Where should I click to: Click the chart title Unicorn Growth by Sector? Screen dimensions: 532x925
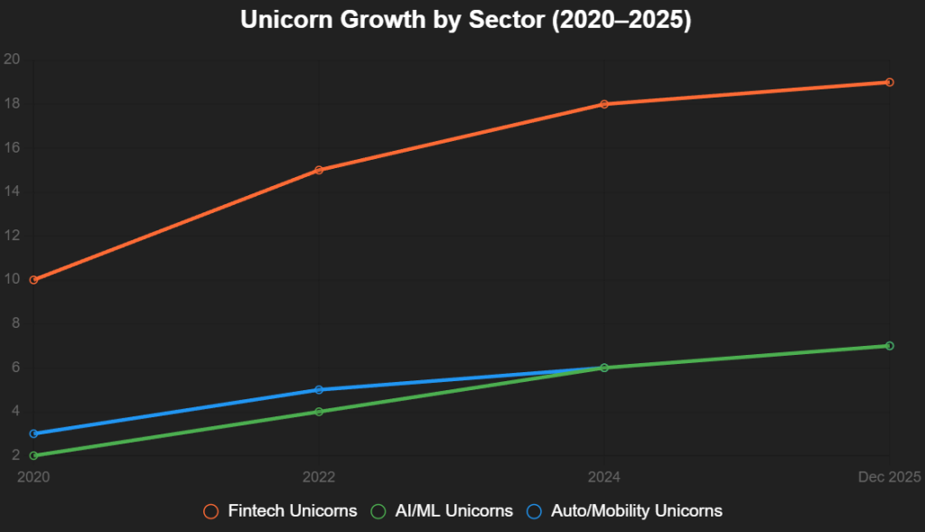[465, 21]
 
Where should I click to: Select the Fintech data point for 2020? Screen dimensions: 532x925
[33, 280]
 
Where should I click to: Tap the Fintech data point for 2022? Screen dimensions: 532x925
[319, 170]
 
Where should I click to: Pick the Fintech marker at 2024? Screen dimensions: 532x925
[604, 104]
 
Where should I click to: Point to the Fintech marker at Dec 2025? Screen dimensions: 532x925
[890, 82]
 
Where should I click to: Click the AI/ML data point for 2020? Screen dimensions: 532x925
[33, 455]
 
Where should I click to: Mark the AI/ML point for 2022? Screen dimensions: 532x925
[319, 412]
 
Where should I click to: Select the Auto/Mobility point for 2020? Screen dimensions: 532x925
[33, 434]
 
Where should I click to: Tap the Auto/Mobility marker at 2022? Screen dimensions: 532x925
[319, 389]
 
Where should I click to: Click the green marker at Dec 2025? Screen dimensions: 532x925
[890, 346]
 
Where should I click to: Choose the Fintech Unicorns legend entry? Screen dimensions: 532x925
[281, 511]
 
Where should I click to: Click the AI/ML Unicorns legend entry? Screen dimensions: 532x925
[443, 511]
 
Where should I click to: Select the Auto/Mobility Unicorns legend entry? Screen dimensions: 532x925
[624, 511]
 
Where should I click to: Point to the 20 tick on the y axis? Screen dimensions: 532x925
[12, 60]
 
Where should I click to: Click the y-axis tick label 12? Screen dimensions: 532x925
[12, 236]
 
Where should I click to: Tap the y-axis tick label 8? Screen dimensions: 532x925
[15, 323]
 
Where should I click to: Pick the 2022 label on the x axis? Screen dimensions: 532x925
[319, 477]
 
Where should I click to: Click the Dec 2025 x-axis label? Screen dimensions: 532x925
[889, 477]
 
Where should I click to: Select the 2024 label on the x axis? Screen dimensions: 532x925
[604, 477]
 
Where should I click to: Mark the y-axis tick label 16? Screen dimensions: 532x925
[12, 148]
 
